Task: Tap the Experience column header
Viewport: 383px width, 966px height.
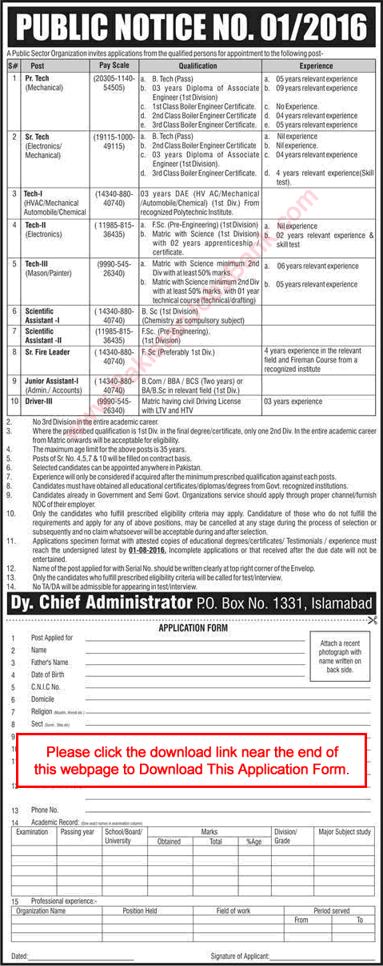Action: [317, 66]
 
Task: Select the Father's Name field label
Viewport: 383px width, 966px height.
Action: [49, 662]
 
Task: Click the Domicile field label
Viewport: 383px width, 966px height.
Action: [43, 699]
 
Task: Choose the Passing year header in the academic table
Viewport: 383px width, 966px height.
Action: [78, 832]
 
